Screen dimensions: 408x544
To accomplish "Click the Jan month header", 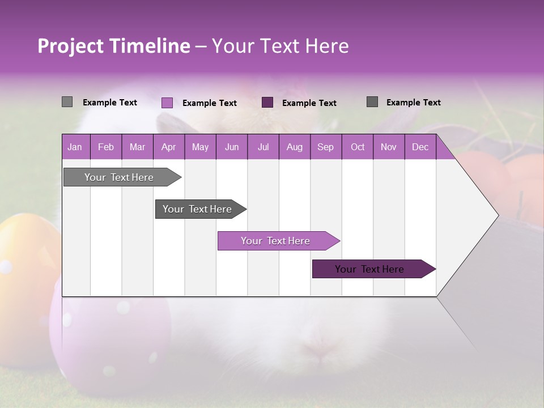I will tap(75, 147).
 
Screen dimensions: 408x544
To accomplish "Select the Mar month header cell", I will tap(137, 147).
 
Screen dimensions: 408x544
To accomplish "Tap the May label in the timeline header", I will tap(200, 147).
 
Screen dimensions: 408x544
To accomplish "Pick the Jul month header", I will tap(263, 147).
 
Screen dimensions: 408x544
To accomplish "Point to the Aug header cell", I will tap(294, 147).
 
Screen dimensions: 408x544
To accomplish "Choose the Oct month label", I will tap(358, 147).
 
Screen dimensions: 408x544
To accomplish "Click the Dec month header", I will tap(420, 147).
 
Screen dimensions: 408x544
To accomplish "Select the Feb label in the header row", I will tap(106, 147).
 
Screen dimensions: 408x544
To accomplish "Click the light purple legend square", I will tap(167, 103).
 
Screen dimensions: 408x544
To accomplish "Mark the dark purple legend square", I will tap(267, 102).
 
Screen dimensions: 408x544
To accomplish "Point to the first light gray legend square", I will tap(67, 102).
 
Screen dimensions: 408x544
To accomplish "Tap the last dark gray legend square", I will tap(372, 102).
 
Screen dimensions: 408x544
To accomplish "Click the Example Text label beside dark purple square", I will tap(309, 103).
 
